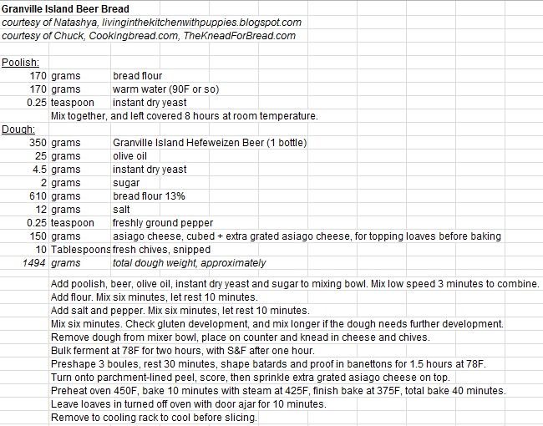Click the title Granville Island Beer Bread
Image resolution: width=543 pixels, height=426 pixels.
[x=64, y=8]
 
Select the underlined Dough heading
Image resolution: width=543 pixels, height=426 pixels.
[x=18, y=129]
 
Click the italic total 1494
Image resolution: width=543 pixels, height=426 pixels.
[x=34, y=263]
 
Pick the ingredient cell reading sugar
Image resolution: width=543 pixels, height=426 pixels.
[x=127, y=183]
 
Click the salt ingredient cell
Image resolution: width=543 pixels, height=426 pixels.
[x=122, y=210]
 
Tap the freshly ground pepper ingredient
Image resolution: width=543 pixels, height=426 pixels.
[x=163, y=223]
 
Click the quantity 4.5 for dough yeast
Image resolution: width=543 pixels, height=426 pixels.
[x=39, y=170]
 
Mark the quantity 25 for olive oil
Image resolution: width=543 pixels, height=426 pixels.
[x=40, y=156]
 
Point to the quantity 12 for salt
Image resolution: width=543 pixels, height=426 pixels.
[x=40, y=210]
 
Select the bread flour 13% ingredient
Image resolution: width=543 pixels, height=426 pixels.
[x=149, y=196]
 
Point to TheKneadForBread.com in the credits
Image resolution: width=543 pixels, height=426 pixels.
[x=248, y=36]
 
